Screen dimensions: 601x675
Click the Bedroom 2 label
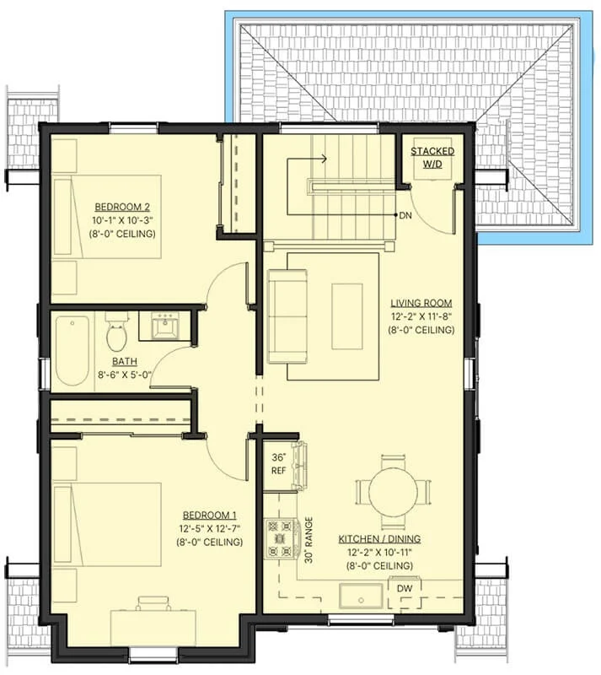point(122,207)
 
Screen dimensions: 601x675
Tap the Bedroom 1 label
point(210,515)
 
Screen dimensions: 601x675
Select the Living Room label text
point(421,303)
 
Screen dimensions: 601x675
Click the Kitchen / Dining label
point(379,538)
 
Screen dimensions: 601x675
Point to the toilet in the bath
point(116,332)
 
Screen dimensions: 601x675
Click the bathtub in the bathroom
point(72,351)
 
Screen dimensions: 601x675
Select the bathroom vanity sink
point(165,327)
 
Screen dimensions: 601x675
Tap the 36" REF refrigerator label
point(278,463)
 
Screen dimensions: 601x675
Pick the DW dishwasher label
point(405,588)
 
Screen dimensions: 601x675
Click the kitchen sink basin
point(361,597)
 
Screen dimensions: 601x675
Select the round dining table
point(393,492)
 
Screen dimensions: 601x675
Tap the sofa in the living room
point(287,316)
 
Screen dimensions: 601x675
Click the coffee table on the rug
point(346,316)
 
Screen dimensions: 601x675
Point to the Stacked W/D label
point(432,158)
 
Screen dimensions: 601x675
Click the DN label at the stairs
point(405,215)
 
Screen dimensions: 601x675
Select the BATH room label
point(125,361)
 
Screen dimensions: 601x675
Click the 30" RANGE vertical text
point(309,540)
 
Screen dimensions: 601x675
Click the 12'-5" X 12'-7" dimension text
point(210,528)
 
